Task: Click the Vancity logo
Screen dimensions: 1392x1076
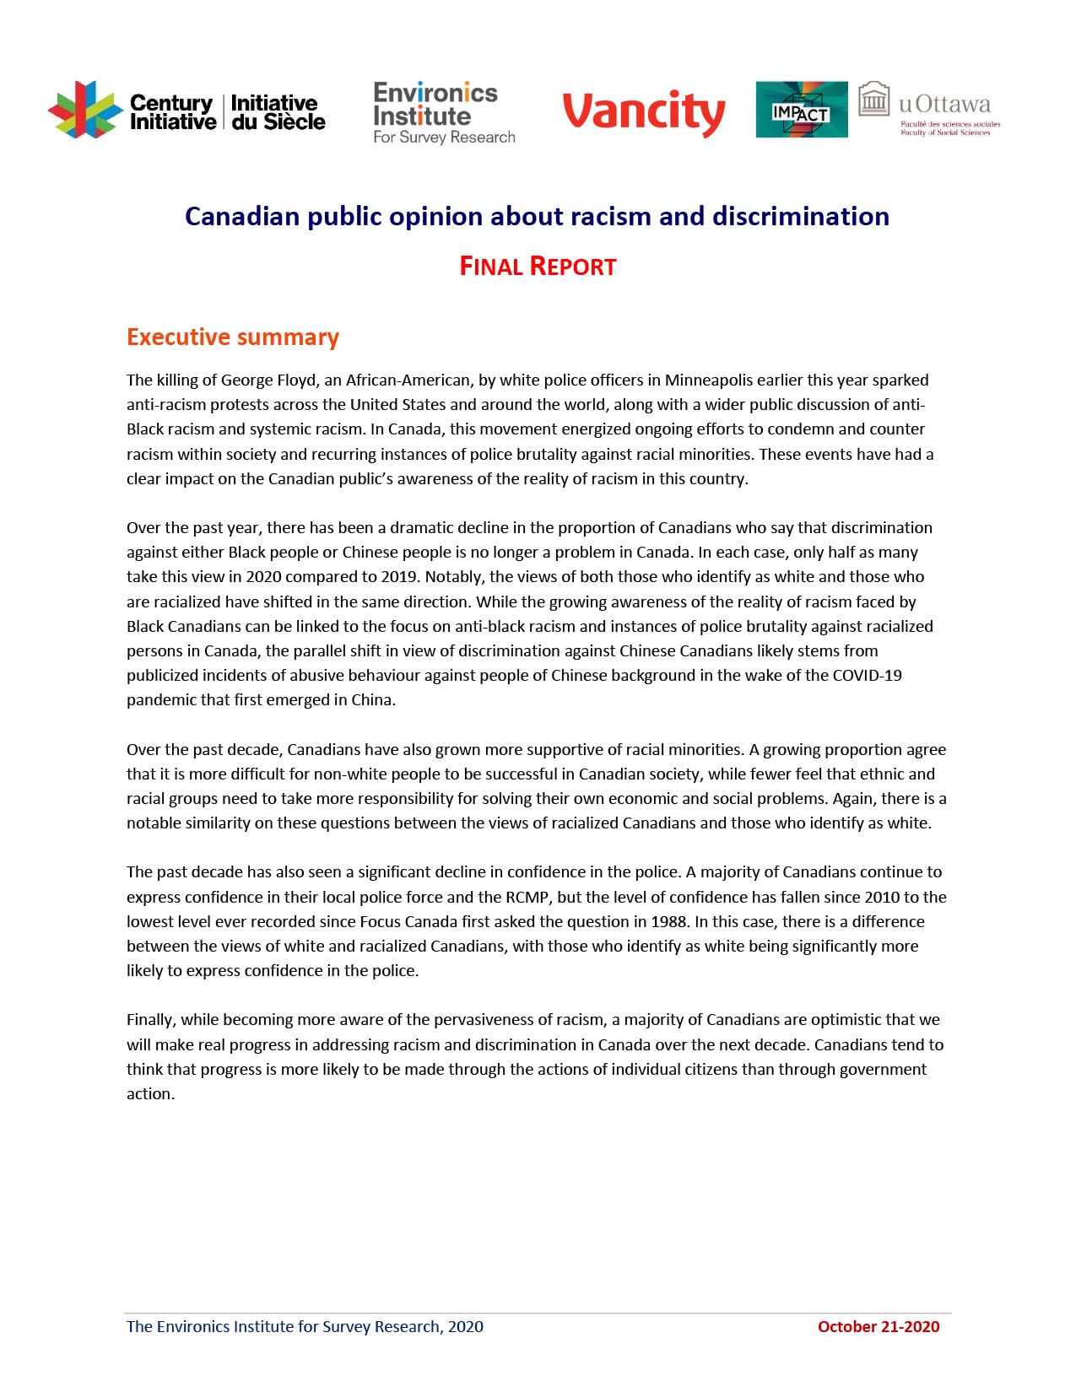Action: tap(643, 113)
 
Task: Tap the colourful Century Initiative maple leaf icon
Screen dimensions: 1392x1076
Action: tap(84, 111)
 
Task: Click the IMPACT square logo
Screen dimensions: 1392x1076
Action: tap(801, 110)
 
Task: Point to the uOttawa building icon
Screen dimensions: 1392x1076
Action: tap(874, 100)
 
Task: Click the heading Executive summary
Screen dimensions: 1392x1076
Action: tap(233, 337)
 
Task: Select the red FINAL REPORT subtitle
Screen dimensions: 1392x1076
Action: tap(538, 267)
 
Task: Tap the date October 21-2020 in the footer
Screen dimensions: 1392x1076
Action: tap(878, 1326)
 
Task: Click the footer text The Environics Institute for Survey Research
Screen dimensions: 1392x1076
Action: tap(305, 1326)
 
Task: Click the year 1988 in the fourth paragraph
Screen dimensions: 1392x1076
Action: tap(668, 921)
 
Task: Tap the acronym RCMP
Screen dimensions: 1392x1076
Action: tap(526, 897)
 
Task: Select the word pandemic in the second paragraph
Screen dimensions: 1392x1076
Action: tap(160, 700)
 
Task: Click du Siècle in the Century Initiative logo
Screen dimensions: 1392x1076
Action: tap(278, 122)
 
